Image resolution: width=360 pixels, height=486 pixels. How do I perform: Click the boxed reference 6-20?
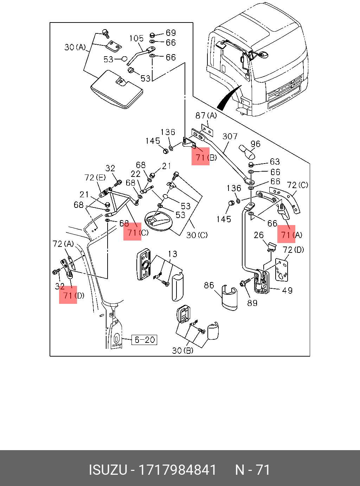pos(144,340)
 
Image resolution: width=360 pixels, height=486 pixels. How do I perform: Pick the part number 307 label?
pos(230,136)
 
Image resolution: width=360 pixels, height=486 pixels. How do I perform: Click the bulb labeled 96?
pos(247,152)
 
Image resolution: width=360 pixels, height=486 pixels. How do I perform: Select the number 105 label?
pos(136,38)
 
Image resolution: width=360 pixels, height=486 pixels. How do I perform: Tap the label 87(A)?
pos(206,115)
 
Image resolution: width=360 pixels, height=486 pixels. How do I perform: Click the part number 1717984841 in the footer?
pos(178,470)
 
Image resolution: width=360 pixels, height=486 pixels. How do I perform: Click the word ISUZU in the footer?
pos(108,470)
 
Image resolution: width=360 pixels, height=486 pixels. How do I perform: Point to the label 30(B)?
pos(182,351)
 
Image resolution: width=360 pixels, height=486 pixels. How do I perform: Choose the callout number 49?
pos(287,290)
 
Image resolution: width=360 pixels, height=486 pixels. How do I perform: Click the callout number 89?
pos(252,303)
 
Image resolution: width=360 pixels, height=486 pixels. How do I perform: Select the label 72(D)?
pos(293,250)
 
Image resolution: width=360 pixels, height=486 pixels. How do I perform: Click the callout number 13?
pos(172,254)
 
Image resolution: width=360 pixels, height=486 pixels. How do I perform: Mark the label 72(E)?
pos(95,178)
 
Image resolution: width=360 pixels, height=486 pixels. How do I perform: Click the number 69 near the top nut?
pos(171,33)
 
